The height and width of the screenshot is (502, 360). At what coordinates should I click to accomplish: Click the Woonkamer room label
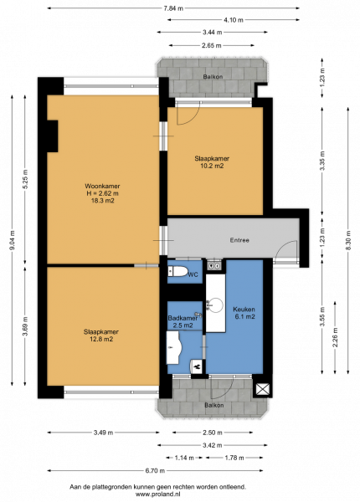pyautogui.click(x=102, y=186)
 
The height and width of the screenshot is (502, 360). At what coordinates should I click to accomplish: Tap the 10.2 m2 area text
pyautogui.click(x=212, y=166)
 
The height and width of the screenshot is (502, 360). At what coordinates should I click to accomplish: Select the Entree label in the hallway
pyautogui.click(x=239, y=240)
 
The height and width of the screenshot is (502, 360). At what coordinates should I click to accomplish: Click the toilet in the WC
pyautogui.click(x=178, y=271)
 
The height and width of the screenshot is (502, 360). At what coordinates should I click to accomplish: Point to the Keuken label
pyautogui.click(x=244, y=310)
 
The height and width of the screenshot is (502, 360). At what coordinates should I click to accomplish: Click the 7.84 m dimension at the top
pyautogui.click(x=173, y=8)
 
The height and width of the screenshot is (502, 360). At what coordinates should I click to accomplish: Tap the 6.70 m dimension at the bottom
pyautogui.click(x=155, y=470)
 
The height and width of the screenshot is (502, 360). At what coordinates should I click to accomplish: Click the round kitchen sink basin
pyautogui.click(x=215, y=305)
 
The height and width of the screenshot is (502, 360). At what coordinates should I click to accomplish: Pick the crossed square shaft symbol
pyautogui.click(x=263, y=389)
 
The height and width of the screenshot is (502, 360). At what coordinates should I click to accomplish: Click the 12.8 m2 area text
pyautogui.click(x=101, y=340)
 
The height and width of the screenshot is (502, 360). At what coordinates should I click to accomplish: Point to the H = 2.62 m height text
pyautogui.click(x=102, y=193)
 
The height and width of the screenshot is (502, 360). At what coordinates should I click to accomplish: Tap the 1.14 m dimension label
pyautogui.click(x=184, y=458)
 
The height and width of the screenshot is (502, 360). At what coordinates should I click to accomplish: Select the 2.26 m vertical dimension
pyautogui.click(x=335, y=337)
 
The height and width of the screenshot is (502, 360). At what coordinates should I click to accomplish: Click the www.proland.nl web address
pyautogui.click(x=158, y=494)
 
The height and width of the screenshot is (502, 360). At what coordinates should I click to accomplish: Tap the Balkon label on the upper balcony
pyautogui.click(x=213, y=77)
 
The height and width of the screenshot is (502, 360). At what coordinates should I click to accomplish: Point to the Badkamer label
pyautogui.click(x=183, y=318)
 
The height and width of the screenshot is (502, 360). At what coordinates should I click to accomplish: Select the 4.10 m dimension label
pyautogui.click(x=234, y=20)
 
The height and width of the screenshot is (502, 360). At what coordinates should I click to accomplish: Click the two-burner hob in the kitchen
pyautogui.click(x=214, y=265)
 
